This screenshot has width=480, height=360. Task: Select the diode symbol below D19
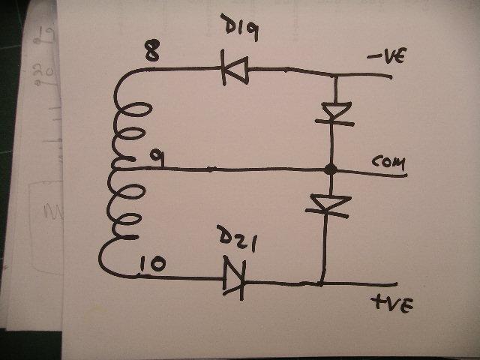[x=235, y=70]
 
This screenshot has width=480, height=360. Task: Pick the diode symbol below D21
[x=235, y=278]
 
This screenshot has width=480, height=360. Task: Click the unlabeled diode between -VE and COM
[x=335, y=114]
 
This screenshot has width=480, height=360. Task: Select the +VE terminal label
[x=392, y=304]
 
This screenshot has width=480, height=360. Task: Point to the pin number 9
[x=157, y=159]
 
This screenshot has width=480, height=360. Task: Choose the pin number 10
[x=153, y=264]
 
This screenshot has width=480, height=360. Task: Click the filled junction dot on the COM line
[x=331, y=169]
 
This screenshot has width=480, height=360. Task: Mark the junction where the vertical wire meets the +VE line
[x=321, y=283]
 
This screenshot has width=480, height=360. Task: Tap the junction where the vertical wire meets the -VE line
[x=335, y=75]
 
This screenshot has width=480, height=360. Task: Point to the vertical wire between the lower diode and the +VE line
[x=323, y=248]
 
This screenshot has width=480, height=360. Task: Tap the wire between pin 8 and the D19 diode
[x=184, y=69]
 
